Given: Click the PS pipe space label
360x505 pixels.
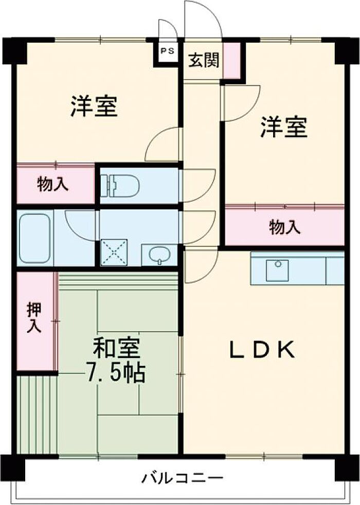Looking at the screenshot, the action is pos(168,50).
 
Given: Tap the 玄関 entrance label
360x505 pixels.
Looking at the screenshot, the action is pos(204,60).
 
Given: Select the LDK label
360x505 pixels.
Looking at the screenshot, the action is pos(261,350).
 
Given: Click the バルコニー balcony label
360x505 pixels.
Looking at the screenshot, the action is pos(183,477).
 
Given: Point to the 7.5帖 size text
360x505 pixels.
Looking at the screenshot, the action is pos(115,373).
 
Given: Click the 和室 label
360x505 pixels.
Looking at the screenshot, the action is pos(116,349).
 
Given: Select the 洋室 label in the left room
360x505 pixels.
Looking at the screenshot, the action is pos(94,106).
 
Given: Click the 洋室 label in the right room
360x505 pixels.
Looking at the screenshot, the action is pos(284,127).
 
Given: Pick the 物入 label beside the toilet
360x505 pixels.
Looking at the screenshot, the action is pos(52,185).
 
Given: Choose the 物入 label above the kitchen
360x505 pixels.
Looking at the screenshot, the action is pos(285,227).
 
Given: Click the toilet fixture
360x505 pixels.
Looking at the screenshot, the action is pos(119,185).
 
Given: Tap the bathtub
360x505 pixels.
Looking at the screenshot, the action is pos(35,238).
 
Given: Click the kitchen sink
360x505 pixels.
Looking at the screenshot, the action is pos(277,270).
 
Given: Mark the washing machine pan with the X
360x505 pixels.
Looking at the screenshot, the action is pos(114,253).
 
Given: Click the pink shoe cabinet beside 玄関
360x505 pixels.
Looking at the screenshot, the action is pos(231,60).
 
